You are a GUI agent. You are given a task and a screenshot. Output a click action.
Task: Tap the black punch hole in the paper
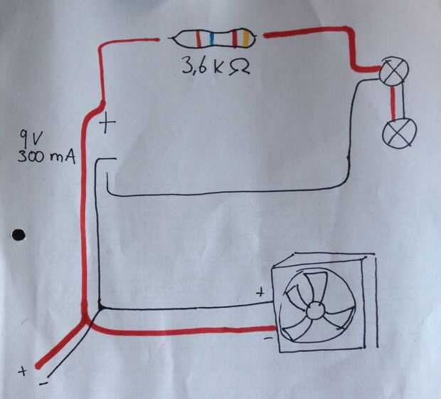point(18,234)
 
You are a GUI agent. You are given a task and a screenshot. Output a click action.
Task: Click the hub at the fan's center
point(314,311)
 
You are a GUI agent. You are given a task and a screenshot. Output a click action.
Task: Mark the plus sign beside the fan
point(260,291)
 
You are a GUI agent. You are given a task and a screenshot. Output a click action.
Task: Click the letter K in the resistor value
point(221,70)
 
